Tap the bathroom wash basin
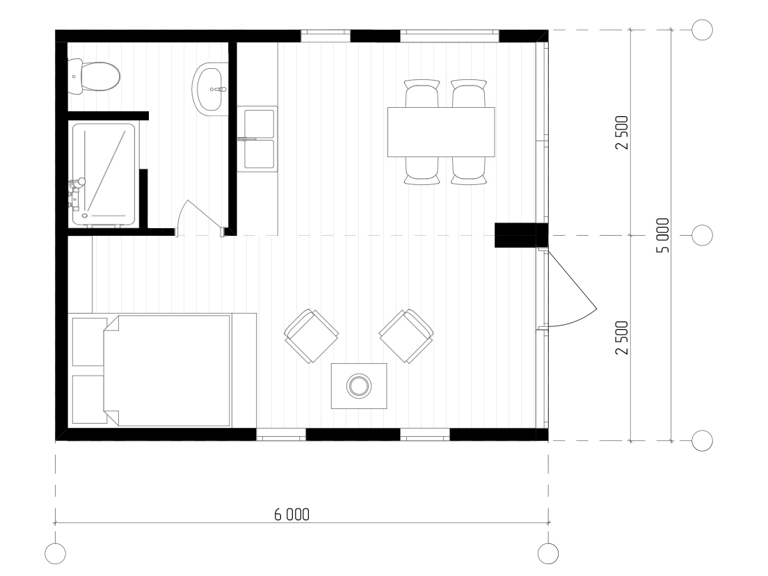pyautogui.click(x=209, y=89)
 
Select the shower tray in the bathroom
pyautogui.click(x=104, y=175)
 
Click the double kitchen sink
pyautogui.click(x=258, y=140)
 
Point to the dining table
pyautogui.click(x=441, y=131)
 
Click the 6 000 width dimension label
pyautogui.click(x=292, y=514)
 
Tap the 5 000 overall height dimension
pyautogui.click(x=662, y=235)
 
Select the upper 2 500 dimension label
pyautogui.click(x=622, y=132)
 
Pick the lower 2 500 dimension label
pyautogui.click(x=622, y=337)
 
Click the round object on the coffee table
pyautogui.click(x=359, y=385)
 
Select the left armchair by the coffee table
pyautogui.click(x=311, y=336)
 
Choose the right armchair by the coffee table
pyautogui.click(x=406, y=336)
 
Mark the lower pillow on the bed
pyautogui.click(x=89, y=399)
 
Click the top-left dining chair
pyautogui.click(x=422, y=93)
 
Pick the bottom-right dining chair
pyautogui.click(x=469, y=171)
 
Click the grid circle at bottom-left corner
pyautogui.click(x=55, y=554)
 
